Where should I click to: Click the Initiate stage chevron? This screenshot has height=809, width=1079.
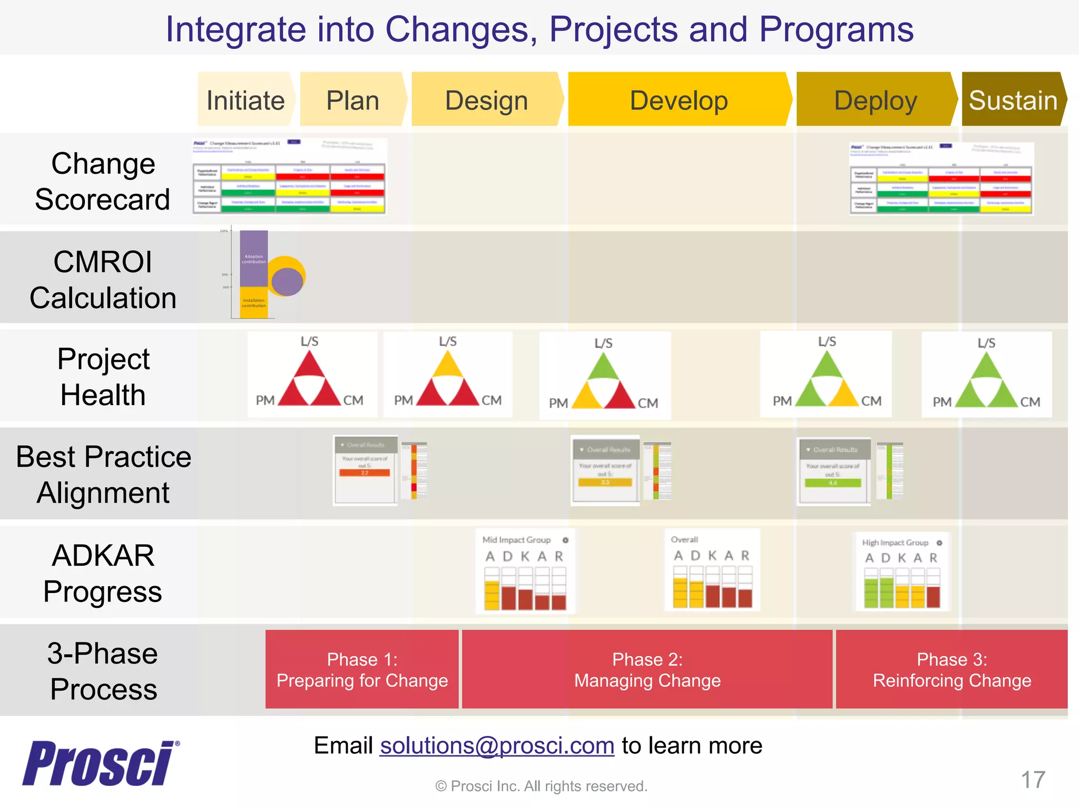246,100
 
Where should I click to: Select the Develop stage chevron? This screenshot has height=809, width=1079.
679,100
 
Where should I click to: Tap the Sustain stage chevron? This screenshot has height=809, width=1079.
1013,100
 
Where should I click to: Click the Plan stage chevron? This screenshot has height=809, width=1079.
352,100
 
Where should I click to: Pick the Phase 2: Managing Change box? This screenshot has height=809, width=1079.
647,669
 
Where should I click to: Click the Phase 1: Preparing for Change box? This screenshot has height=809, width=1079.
362,669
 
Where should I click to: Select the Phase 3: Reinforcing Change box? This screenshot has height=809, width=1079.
952,669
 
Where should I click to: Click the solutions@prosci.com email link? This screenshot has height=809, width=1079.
497,746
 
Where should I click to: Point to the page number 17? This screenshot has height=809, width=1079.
1033,780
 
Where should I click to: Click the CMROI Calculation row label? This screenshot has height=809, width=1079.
103,280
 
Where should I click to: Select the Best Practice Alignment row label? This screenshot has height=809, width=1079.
103,475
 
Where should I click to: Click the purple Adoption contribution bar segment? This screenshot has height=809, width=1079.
253,258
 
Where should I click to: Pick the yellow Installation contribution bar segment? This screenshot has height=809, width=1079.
253,303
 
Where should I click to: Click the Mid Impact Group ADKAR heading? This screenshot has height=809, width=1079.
516,540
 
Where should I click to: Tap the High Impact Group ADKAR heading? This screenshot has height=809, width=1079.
895,542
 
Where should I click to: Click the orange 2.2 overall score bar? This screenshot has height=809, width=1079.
365,473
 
